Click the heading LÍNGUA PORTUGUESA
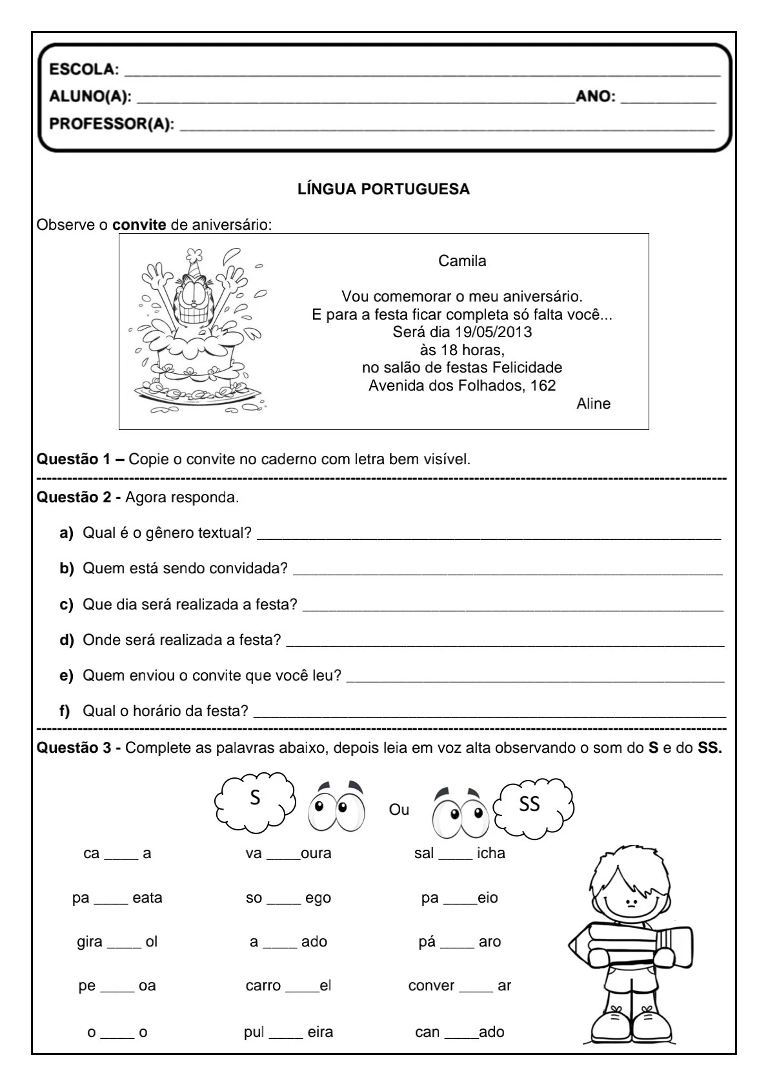tap(383, 189)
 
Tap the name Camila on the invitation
tap(462, 261)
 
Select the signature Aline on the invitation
tap(593, 404)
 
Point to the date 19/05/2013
tap(493, 332)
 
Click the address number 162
tap(543, 385)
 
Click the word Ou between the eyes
tap(399, 810)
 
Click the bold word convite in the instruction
tap(139, 225)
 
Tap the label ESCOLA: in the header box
tap(84, 69)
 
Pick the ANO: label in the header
tap(596, 97)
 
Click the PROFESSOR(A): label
tap(112, 124)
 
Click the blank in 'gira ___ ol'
tap(124, 945)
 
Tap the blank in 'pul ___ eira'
tap(286, 1036)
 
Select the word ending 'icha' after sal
tap(490, 853)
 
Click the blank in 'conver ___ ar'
tap(476, 989)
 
